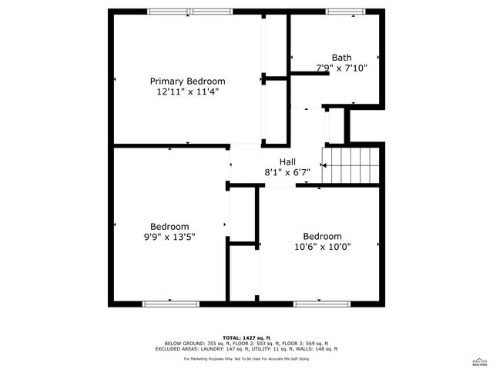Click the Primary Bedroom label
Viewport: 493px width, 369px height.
187,81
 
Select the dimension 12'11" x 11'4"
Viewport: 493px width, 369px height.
187,91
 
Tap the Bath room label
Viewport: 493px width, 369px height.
341,58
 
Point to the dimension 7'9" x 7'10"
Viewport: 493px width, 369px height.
342,68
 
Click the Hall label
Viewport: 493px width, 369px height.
287,161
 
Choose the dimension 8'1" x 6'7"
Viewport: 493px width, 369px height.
287,172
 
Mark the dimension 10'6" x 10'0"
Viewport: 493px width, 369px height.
322,247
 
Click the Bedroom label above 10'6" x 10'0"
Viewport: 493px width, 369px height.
322,236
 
